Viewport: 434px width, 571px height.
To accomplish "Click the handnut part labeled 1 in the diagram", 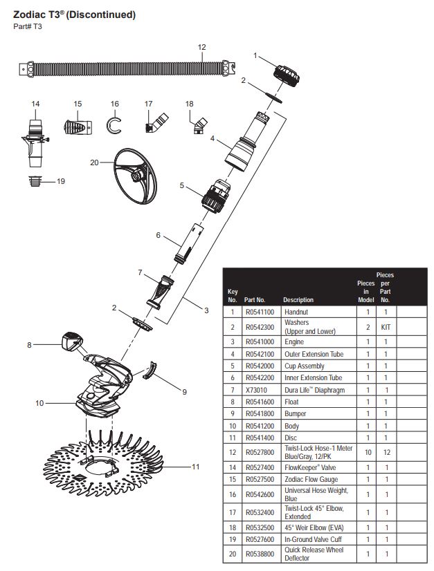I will (284, 73).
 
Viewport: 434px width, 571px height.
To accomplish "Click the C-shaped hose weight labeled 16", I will (114, 127).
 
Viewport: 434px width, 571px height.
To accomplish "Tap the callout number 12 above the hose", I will (201, 48).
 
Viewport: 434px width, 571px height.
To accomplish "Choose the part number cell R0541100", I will (260, 312).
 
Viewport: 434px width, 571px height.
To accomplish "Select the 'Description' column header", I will (298, 300).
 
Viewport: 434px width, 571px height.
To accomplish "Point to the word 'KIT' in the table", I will (386, 327).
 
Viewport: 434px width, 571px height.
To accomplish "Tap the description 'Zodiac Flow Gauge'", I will (311, 479).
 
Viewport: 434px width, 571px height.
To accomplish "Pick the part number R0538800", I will (260, 554).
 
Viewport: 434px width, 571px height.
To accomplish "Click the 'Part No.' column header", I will (255, 300).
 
